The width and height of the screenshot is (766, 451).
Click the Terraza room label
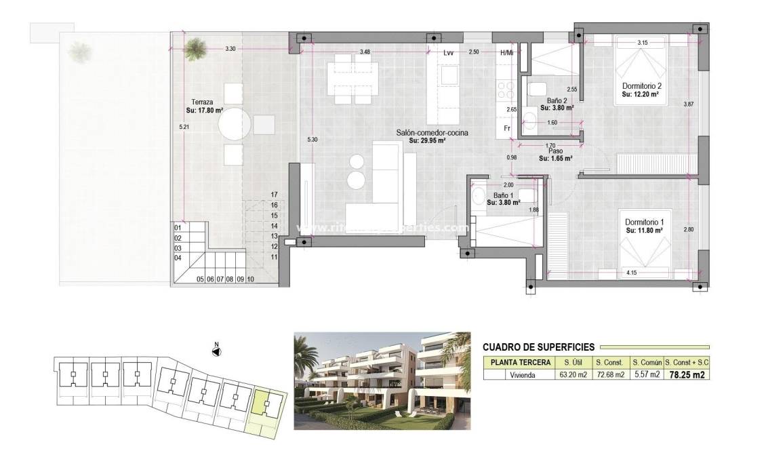pos(202,101)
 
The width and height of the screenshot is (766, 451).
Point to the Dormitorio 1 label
pos(643,222)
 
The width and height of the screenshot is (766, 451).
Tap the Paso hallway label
pos(555,152)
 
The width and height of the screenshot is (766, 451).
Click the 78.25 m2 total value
pos(687,374)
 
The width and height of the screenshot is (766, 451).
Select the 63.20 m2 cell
pos(571,374)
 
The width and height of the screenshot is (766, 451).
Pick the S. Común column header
pos(645,362)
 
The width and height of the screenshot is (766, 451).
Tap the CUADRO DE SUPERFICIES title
pos(538,347)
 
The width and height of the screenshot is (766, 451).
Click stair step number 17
pos(275,194)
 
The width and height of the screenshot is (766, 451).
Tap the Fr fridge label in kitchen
pos(506,128)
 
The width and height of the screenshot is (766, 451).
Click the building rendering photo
pos(382,380)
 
